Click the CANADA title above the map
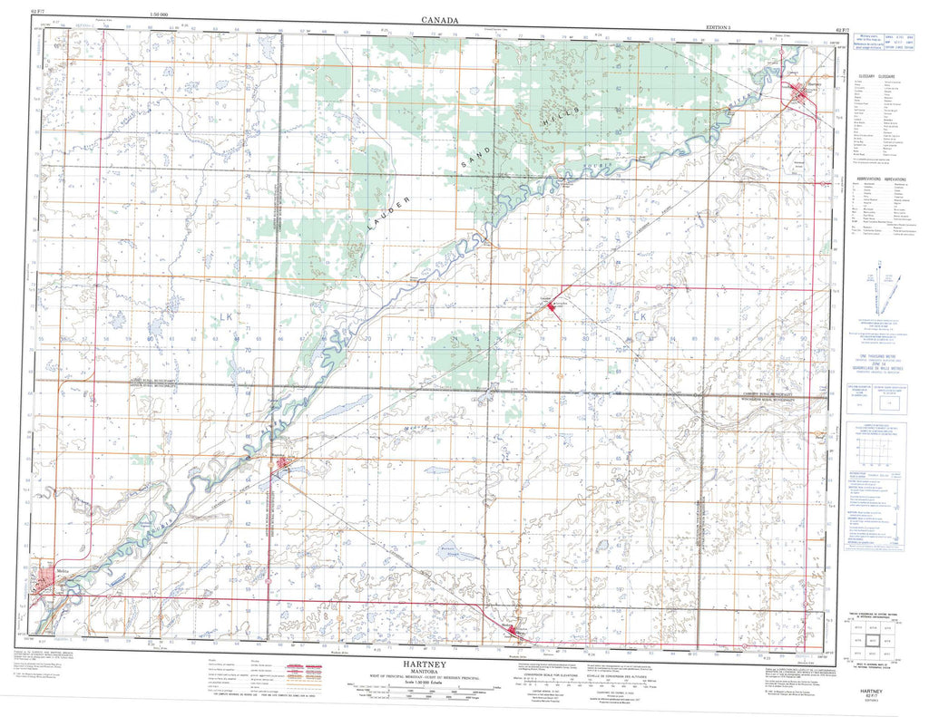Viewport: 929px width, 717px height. pyautogui.click(x=439, y=20)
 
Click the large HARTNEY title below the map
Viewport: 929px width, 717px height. pyautogui.click(x=437, y=662)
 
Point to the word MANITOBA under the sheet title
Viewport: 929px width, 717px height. pyautogui.click(x=437, y=671)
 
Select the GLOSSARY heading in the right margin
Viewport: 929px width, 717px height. pyautogui.click(x=877, y=76)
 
